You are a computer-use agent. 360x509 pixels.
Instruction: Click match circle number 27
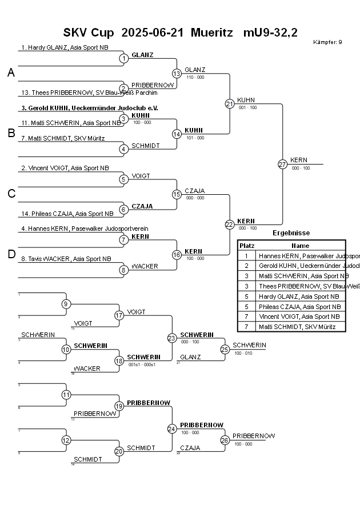(282, 164)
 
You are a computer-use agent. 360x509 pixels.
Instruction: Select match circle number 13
(177, 73)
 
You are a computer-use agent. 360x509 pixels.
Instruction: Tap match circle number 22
(229, 225)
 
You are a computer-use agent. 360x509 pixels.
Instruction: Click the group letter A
(11, 73)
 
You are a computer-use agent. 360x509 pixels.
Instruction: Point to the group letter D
(11, 255)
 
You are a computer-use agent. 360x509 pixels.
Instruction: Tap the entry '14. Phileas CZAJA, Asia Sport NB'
(67, 214)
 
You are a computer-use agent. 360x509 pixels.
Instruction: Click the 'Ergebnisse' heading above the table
(291, 233)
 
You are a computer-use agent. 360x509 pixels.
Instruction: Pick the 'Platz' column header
(246, 245)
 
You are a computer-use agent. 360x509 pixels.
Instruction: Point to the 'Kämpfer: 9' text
(327, 42)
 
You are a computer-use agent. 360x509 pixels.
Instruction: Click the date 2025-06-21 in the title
(153, 32)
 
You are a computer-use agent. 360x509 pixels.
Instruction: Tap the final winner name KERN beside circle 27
(298, 160)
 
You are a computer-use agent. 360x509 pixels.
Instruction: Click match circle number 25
(225, 349)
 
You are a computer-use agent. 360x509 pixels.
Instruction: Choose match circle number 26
(225, 440)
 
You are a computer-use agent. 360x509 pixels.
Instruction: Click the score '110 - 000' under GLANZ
(195, 77)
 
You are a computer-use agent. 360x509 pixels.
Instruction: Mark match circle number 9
(66, 304)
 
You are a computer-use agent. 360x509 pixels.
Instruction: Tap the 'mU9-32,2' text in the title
(270, 32)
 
